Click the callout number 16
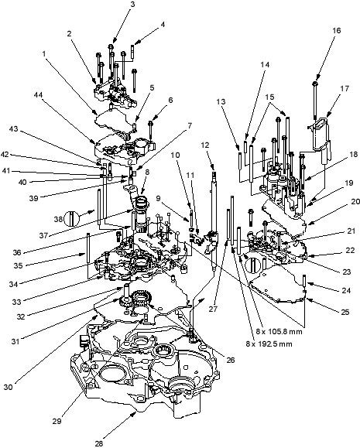coord(337,30)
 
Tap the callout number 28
coord(99,443)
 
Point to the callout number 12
coord(212,145)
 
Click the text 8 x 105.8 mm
coord(279,332)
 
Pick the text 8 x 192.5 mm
coord(269,344)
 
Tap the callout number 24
coord(346,291)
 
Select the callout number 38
coord(58,219)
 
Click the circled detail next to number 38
coord(71,219)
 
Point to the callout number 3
coord(132,5)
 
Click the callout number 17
coord(345,88)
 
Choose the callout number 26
coord(230,360)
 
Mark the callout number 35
coord(18,265)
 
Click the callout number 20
coord(355,202)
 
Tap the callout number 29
coord(57,421)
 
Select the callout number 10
coord(176,155)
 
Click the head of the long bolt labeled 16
coord(315,84)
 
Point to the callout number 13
coord(221,101)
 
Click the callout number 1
coord(44,53)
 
